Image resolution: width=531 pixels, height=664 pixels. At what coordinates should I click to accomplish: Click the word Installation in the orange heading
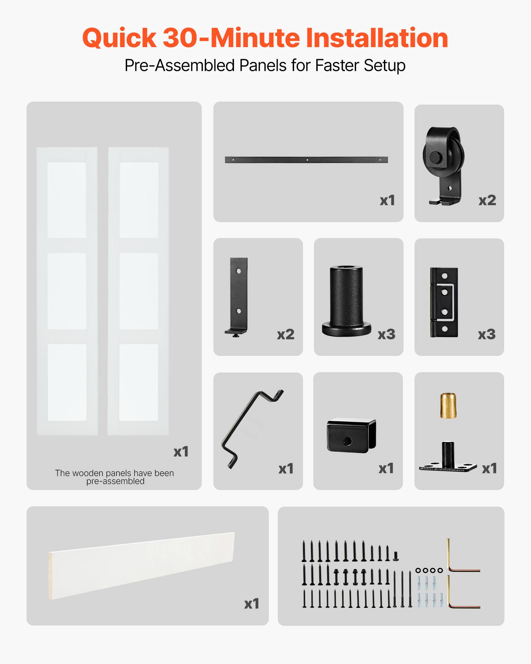[376, 38]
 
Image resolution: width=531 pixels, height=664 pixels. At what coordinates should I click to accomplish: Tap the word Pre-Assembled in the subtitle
[180, 65]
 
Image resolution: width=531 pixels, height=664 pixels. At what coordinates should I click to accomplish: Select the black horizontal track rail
[306, 160]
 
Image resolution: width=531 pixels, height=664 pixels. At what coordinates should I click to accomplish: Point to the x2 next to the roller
[487, 200]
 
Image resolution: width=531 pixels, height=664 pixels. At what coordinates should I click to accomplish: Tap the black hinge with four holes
[444, 302]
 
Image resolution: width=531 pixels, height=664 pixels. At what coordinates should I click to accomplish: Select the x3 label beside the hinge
[487, 334]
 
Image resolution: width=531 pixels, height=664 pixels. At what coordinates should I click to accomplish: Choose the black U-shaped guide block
[351, 435]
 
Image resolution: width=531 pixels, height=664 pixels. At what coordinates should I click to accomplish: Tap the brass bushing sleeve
[448, 405]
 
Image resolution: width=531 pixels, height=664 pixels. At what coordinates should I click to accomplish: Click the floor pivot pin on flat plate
[448, 460]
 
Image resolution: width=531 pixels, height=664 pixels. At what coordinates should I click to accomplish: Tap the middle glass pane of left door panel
[67, 291]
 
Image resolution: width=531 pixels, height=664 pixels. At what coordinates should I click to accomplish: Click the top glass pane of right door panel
[139, 200]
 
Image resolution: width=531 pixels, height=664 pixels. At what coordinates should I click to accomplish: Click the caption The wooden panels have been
[114, 473]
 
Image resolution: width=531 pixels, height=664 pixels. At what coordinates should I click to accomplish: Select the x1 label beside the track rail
[387, 200]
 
